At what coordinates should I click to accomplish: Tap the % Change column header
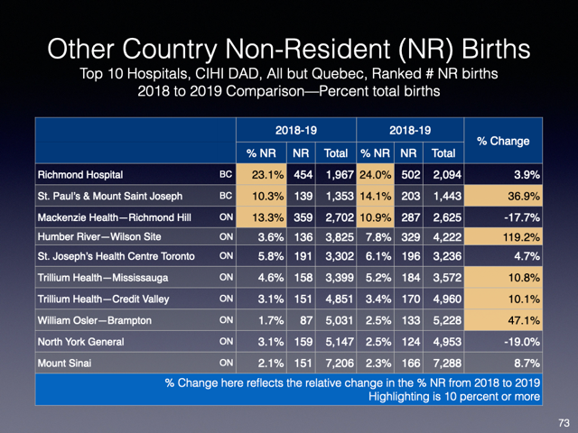503,141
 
